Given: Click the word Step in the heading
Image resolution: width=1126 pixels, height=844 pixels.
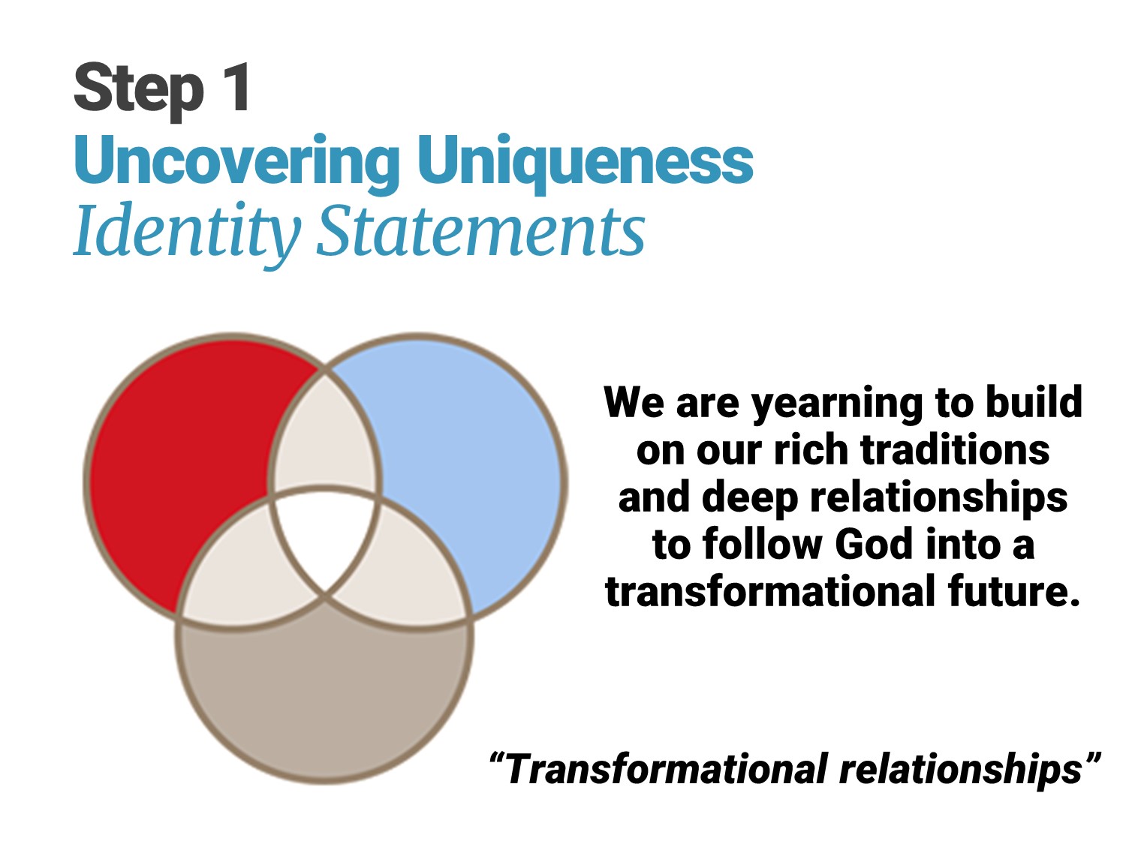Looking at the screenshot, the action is coord(139,91).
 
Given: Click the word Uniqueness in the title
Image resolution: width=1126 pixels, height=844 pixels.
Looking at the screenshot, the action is coord(586,163).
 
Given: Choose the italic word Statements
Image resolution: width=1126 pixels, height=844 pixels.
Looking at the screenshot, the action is coord(480,230).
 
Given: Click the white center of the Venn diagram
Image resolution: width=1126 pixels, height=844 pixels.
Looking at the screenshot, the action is coord(325,538).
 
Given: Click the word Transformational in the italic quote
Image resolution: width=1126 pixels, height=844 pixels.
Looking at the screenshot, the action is coord(667,768).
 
